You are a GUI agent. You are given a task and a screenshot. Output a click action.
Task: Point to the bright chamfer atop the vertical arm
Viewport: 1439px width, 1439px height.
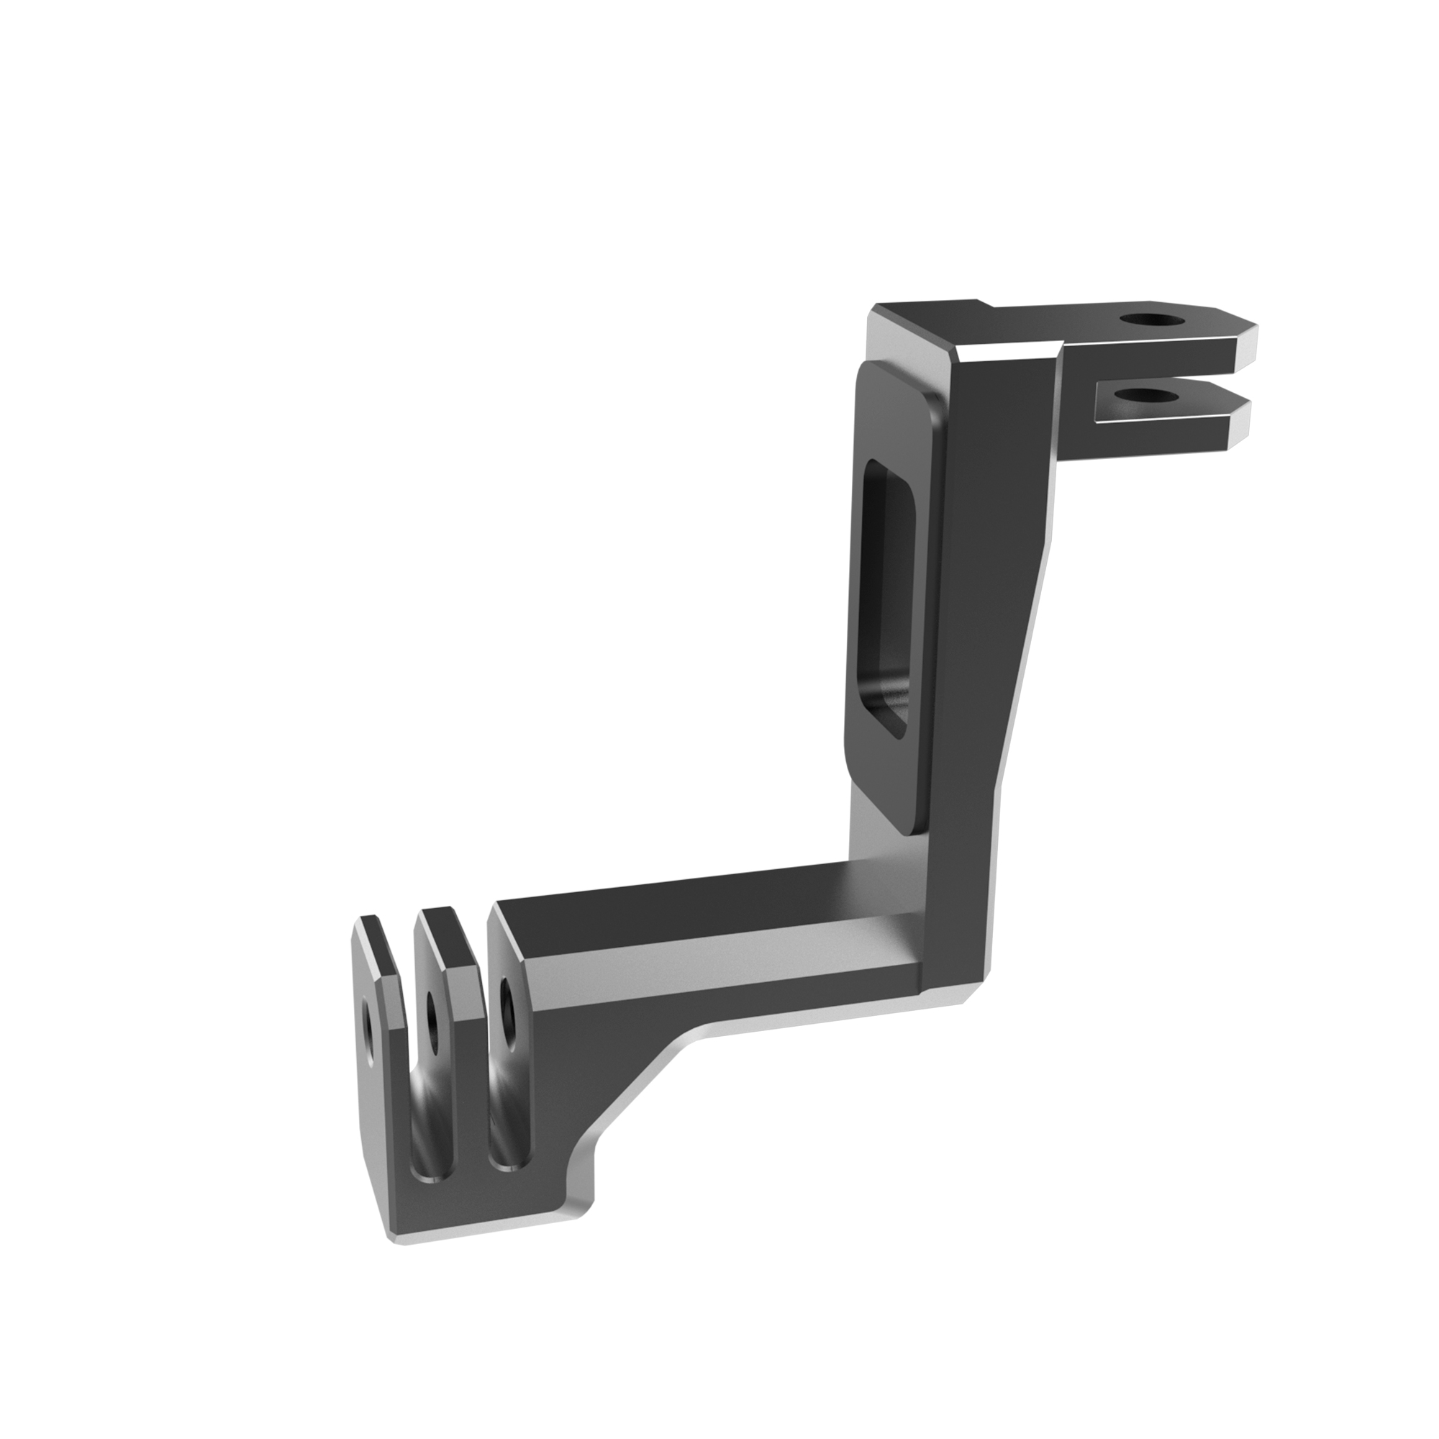click(1006, 353)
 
